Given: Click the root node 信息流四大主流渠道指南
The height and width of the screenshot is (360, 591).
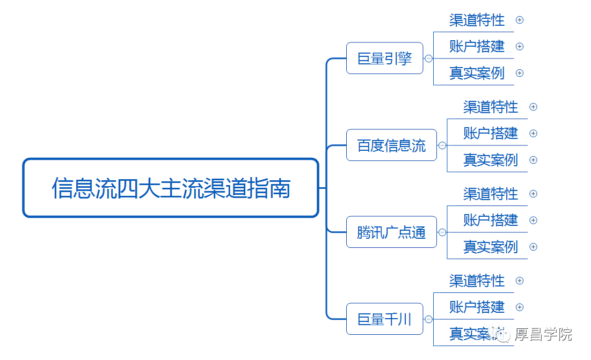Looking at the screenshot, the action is (171, 188).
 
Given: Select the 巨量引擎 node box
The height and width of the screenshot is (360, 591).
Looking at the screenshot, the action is (384, 58).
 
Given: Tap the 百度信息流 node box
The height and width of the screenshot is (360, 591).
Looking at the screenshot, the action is (391, 145).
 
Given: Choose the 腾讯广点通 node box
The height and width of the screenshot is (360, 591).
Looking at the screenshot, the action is (391, 232).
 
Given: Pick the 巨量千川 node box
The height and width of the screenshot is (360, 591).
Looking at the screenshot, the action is (384, 319).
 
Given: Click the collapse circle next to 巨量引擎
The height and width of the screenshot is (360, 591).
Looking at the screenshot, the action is (428, 58).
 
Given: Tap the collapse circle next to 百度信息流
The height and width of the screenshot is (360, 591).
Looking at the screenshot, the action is (442, 145).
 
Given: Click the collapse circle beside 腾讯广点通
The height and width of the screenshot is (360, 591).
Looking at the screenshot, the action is (442, 232).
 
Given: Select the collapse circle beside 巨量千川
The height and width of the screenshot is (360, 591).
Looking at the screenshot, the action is (428, 319).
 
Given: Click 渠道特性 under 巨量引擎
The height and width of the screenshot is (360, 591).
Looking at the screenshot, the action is (477, 20).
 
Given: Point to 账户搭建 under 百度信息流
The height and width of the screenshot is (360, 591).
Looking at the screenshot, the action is (491, 133).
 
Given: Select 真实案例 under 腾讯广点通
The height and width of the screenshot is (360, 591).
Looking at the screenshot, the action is (491, 247).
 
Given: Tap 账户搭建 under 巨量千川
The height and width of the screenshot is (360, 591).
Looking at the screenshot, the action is (477, 307).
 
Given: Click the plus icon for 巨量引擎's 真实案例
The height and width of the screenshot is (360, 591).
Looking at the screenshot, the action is (520, 73).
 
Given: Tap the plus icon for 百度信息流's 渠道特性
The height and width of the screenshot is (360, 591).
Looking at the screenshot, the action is (534, 107).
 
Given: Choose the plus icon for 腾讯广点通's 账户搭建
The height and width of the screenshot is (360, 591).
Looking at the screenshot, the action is (534, 221).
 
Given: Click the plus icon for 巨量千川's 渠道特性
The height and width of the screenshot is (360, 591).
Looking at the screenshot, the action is (520, 281).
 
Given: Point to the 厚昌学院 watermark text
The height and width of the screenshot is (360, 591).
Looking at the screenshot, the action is (543, 334).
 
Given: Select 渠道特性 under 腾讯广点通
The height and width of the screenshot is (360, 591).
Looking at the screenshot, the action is (491, 194).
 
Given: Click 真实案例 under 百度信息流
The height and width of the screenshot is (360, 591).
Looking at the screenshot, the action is (491, 160).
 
